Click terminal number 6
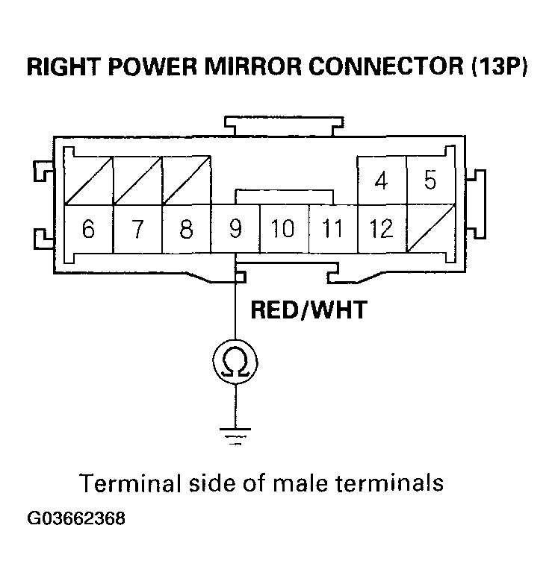(88, 229)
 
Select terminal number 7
(137, 229)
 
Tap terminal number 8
(187, 229)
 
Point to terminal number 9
(235, 229)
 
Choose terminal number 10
(283, 229)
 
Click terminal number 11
(332, 229)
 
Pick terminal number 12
(382, 229)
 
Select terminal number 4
(382, 180)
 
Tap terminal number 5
(430, 180)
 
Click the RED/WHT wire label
(308, 310)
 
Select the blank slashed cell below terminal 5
(430, 229)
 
